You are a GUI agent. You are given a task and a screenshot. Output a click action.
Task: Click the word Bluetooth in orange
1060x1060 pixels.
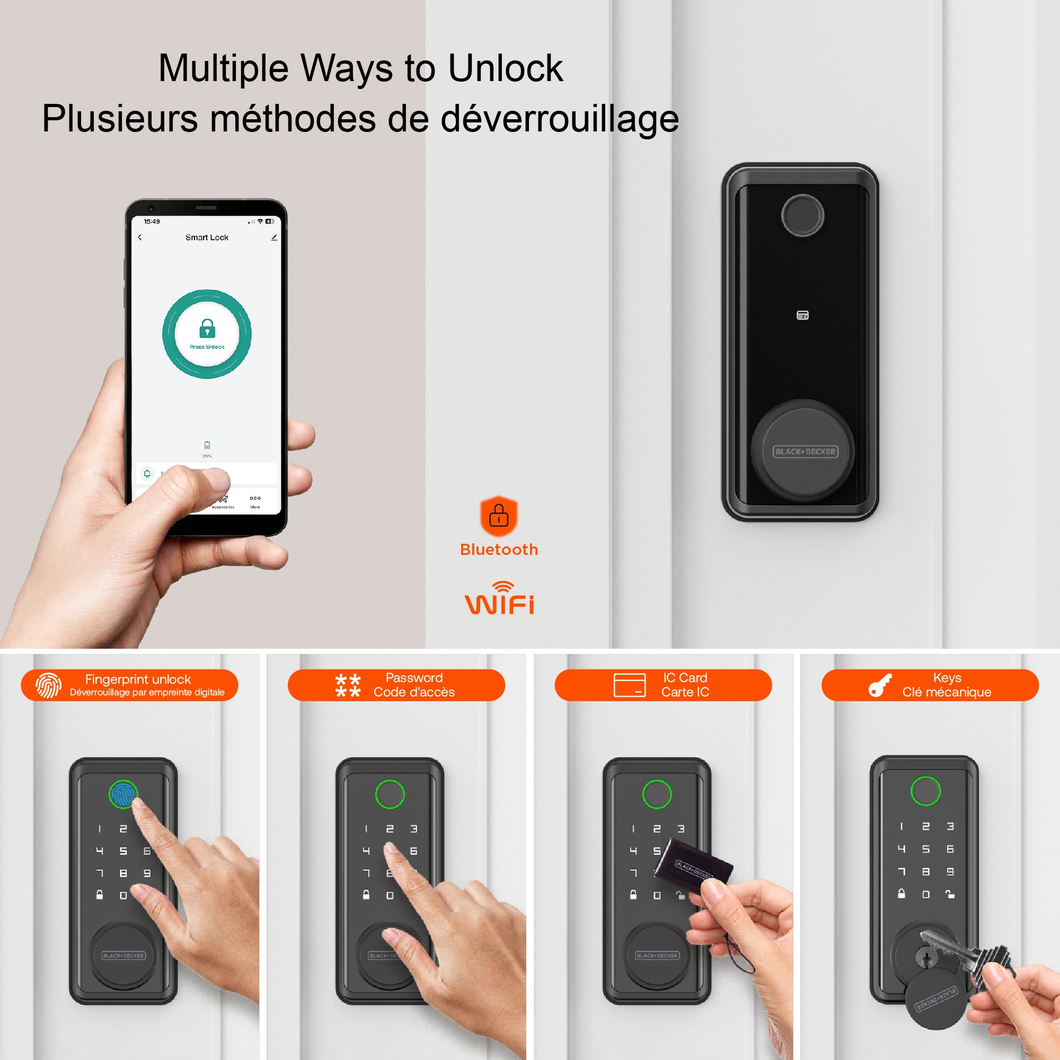point(499,549)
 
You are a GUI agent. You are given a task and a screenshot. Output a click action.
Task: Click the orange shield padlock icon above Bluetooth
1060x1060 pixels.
point(498,516)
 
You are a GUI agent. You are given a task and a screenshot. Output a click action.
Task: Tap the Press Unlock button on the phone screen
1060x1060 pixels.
point(207,333)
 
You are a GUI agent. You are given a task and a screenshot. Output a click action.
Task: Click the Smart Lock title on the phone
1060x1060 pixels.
point(207,237)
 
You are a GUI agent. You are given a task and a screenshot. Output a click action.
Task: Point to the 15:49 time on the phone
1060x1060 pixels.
point(152,222)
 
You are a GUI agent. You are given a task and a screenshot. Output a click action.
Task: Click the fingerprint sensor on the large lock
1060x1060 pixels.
point(802,215)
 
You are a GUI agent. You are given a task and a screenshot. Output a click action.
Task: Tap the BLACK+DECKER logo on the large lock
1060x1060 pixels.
point(805,452)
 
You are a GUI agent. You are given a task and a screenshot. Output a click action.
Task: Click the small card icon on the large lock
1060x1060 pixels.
point(802,315)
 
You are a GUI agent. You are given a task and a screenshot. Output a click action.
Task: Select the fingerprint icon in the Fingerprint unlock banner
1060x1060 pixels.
point(48,685)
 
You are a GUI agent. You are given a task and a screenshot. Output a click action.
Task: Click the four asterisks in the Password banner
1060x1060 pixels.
point(348,685)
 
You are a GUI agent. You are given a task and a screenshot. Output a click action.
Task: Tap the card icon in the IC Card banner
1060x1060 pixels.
point(629,685)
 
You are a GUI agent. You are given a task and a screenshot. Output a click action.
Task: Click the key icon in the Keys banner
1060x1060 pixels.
point(880,685)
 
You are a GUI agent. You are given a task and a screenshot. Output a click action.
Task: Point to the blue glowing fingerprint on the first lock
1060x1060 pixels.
point(122,794)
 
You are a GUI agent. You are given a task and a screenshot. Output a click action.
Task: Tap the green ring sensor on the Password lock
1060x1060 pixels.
point(390,794)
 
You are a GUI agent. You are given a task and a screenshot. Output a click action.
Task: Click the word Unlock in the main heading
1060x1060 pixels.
point(505,68)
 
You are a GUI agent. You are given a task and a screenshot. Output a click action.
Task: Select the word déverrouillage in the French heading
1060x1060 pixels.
point(560,119)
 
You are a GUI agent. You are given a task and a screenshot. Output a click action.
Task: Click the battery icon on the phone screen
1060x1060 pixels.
point(207,445)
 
